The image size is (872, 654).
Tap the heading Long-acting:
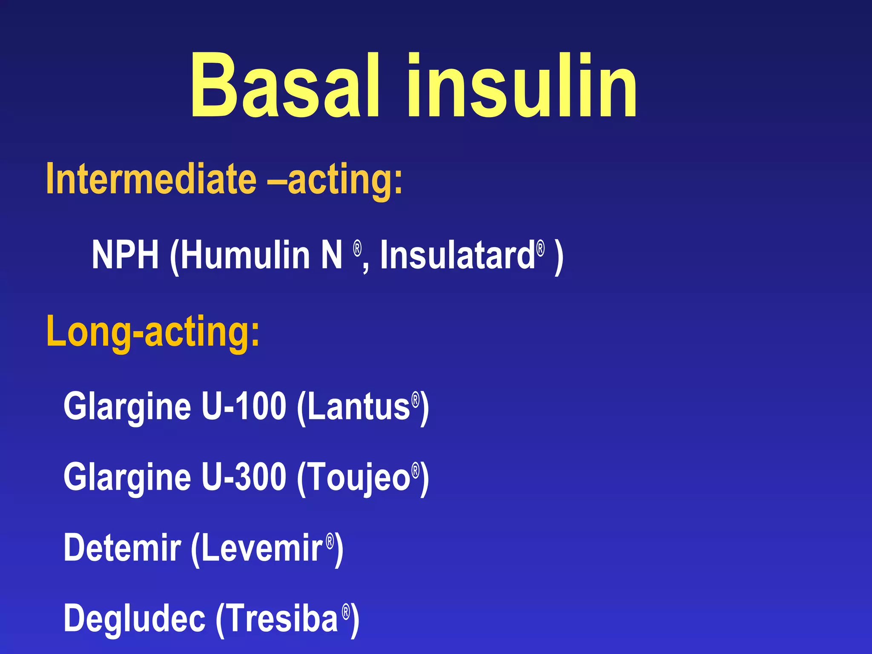(x=152, y=332)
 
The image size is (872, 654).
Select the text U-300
(x=244, y=477)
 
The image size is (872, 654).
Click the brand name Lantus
(x=358, y=407)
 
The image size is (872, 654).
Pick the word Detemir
(x=122, y=548)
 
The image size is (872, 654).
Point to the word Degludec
(x=135, y=619)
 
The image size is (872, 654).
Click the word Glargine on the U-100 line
(x=127, y=407)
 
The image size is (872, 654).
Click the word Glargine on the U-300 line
(x=127, y=478)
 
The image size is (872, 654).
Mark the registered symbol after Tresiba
(x=346, y=611)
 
